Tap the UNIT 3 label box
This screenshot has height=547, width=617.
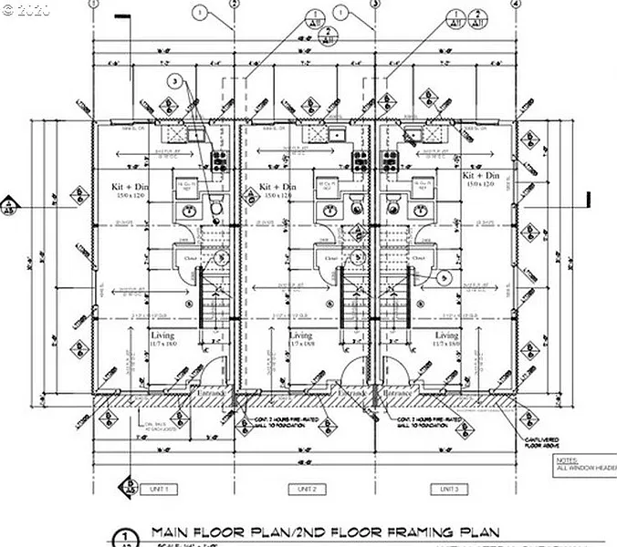(448, 490)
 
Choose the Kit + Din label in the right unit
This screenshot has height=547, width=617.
(480, 176)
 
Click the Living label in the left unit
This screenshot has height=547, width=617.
(162, 336)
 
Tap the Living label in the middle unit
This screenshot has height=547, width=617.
(301, 336)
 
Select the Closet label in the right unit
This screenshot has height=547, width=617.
(419, 257)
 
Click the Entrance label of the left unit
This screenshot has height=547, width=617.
(212, 393)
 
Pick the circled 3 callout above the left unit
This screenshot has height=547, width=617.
(174, 82)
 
